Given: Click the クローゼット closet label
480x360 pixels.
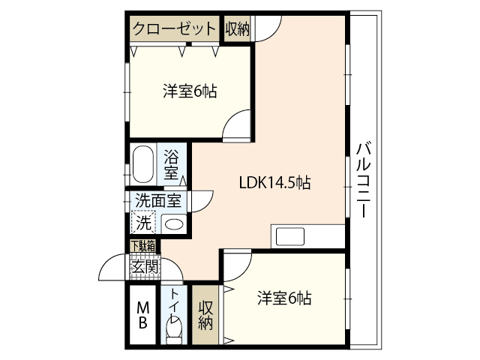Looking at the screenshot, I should (x=174, y=29).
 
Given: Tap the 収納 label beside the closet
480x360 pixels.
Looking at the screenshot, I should (x=237, y=28).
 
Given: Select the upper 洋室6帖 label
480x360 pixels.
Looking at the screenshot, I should (x=190, y=92).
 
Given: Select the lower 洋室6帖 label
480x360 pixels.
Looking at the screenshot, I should (x=284, y=298).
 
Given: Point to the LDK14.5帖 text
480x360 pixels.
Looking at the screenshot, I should (x=275, y=181).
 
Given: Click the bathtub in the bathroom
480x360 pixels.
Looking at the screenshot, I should (x=143, y=163).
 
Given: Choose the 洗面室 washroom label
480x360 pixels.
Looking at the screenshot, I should (x=158, y=201).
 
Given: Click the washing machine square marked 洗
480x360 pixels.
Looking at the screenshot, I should (x=142, y=222).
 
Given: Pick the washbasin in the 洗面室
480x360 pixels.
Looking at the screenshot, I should (x=173, y=223).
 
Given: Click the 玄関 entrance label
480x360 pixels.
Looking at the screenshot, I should (x=144, y=265).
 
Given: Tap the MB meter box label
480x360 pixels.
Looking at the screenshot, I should (x=142, y=315).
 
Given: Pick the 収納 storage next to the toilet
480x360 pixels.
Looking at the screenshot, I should (x=205, y=315).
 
